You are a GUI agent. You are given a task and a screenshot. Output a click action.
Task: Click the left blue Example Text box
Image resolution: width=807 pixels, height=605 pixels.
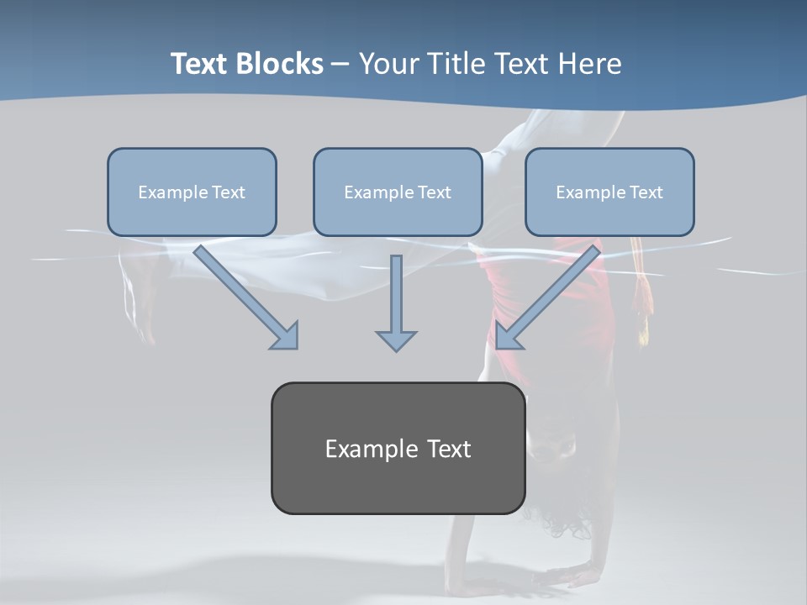192,192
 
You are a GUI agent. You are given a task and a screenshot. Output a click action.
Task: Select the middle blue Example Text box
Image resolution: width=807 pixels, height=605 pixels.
398,192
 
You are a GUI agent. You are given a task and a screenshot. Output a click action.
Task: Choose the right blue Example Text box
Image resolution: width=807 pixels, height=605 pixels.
609,192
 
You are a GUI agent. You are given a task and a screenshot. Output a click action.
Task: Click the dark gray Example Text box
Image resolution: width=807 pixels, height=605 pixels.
398,448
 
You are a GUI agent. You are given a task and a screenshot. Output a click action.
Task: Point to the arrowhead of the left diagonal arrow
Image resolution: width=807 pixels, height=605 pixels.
286,336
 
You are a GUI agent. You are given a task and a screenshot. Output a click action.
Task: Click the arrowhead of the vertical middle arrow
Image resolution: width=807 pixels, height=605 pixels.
396,340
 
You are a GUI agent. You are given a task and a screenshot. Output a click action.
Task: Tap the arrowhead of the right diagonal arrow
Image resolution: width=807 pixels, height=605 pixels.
508,336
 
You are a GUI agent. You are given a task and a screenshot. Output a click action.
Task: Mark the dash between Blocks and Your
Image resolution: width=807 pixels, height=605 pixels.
340,65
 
